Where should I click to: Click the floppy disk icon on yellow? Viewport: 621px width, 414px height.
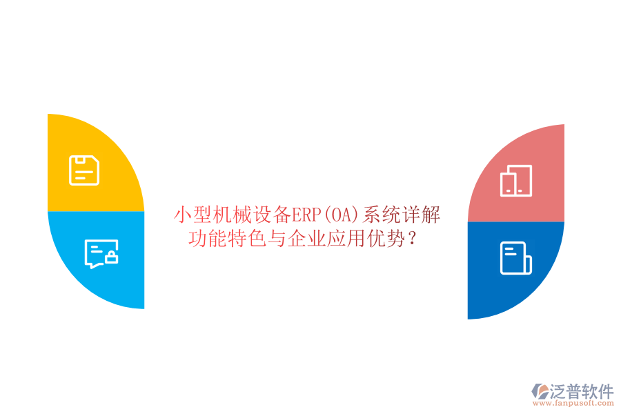[x=84, y=170]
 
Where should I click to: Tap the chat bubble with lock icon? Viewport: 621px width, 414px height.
[x=101, y=253]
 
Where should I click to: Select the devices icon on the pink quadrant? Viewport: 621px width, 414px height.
[x=516, y=180]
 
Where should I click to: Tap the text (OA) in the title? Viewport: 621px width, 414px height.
[x=343, y=215]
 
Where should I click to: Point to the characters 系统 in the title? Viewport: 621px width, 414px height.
[x=382, y=215]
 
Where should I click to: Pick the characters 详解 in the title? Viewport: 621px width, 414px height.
[x=422, y=215]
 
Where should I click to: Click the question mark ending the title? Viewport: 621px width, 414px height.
[x=412, y=239]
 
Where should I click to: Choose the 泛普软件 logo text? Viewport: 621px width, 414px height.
[x=581, y=391]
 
